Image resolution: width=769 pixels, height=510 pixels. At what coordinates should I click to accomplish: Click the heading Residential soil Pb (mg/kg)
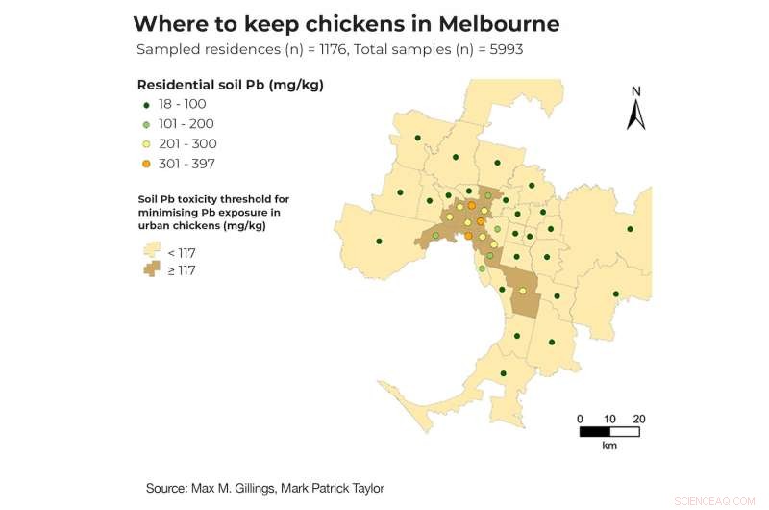(231, 85)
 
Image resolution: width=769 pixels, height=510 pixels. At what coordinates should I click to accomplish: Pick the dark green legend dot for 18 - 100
(146, 104)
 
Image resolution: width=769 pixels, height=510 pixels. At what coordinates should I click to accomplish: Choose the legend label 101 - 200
(189, 124)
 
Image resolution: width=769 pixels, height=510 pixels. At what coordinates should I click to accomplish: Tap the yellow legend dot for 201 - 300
(146, 144)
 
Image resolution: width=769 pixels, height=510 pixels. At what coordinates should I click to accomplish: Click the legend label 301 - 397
(189, 164)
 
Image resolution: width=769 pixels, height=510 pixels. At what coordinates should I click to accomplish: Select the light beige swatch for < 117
(150, 251)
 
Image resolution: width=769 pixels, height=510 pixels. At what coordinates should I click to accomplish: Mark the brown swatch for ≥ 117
(150, 269)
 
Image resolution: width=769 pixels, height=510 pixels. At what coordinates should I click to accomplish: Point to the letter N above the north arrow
(635, 92)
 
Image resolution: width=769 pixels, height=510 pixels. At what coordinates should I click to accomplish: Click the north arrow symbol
(635, 115)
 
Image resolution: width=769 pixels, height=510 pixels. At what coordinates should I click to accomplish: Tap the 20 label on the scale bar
(639, 419)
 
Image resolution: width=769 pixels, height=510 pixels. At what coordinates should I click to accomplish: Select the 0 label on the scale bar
(580, 419)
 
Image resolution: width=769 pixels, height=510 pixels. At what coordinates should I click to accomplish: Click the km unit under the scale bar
(609, 446)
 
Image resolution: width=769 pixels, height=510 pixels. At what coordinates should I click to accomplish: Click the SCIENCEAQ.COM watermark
(715, 501)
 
